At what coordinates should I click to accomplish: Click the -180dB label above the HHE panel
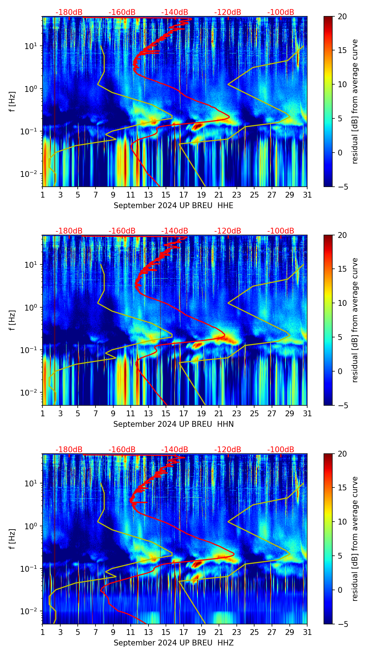69,12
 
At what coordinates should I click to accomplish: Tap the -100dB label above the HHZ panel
281,450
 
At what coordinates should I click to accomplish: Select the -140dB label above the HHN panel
175,231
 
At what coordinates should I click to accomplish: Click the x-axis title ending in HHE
173,206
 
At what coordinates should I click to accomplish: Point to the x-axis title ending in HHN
173,424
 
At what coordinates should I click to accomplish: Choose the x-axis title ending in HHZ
173,643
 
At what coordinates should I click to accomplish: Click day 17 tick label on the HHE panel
184,195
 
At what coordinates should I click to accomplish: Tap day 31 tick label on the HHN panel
307,414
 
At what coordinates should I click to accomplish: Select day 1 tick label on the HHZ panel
42,632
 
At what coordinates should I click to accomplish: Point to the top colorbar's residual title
355,101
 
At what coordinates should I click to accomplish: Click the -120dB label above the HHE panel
228,12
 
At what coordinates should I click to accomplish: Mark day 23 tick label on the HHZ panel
236,632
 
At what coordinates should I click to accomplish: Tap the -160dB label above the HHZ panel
122,450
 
